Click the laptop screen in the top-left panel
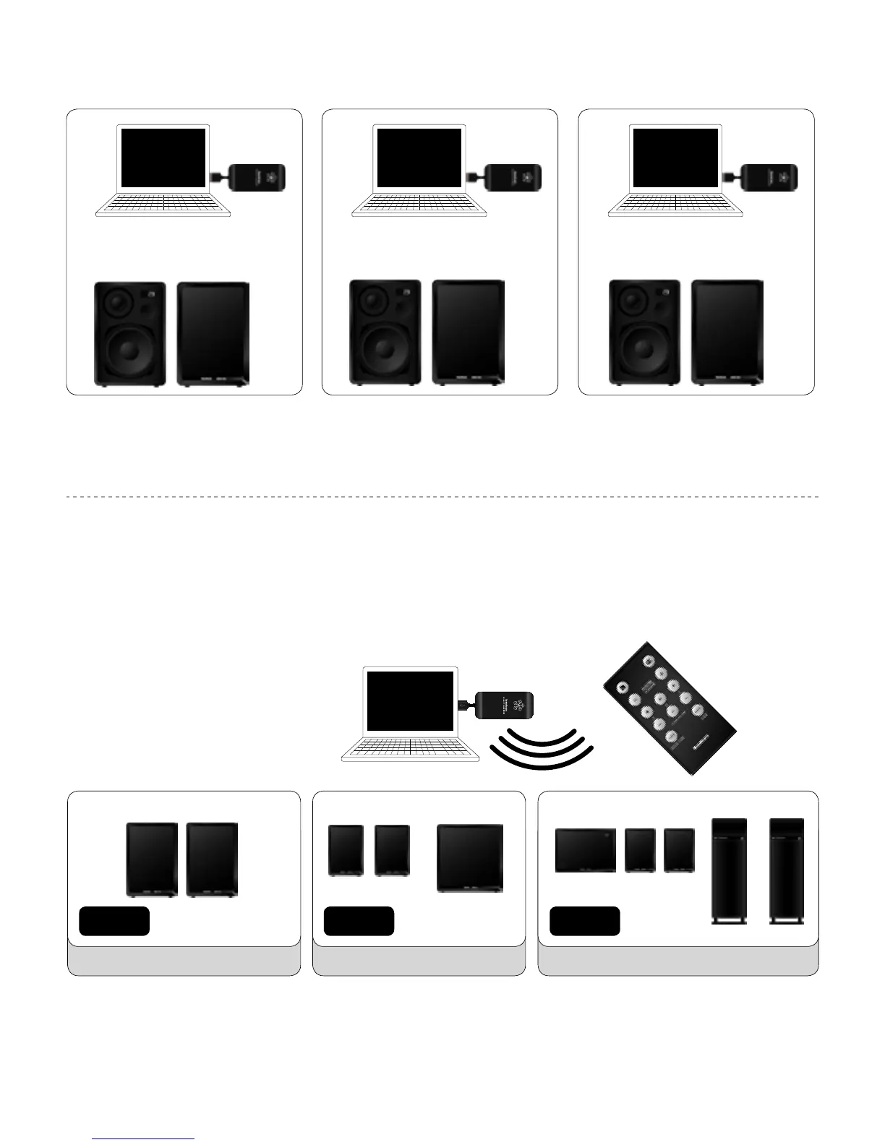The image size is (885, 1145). (x=164, y=158)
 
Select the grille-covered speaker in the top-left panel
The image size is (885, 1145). (x=213, y=333)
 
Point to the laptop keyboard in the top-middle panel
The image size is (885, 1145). (x=419, y=205)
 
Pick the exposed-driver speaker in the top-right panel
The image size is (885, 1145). (x=644, y=333)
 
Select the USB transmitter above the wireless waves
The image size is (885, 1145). (x=503, y=705)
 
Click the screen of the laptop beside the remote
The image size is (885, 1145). (x=411, y=701)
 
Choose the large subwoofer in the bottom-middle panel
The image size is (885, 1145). (x=470, y=858)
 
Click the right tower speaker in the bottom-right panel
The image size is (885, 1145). (x=787, y=871)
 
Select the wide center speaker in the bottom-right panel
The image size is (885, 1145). (x=586, y=851)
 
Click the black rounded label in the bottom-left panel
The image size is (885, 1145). (x=114, y=921)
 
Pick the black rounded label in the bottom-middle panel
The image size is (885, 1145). (x=359, y=921)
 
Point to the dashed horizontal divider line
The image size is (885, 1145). (x=442, y=497)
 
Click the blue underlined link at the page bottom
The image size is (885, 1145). (x=144, y=1138)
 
